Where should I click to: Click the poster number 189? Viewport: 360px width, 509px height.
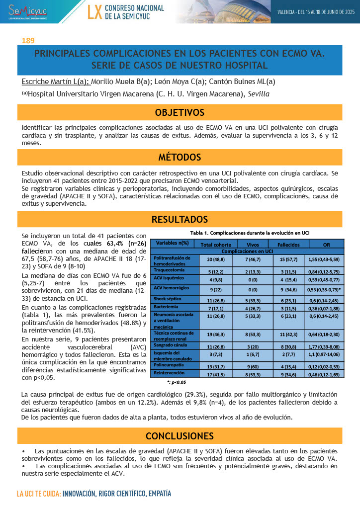[28, 40]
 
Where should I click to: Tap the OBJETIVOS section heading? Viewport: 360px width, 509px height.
[180, 112]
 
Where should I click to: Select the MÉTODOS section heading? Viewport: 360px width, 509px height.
[180, 158]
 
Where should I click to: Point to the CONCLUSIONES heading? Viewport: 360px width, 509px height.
[180, 436]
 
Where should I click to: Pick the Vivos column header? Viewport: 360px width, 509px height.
[253, 244]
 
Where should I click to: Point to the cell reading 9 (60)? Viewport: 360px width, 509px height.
[253, 366]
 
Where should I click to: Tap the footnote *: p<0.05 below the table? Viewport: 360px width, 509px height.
[177, 383]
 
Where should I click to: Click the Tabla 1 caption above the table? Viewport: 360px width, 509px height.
[250, 233]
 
